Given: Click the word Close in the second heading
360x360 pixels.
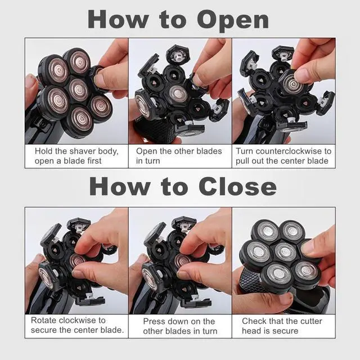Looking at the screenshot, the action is (x=237, y=187).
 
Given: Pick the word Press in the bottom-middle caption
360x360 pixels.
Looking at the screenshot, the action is (x=154, y=321).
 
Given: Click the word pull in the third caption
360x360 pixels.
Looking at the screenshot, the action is (x=242, y=161).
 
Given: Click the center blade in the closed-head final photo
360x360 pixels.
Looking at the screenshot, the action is (x=285, y=251).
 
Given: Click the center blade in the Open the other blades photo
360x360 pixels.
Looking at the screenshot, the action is (x=178, y=94).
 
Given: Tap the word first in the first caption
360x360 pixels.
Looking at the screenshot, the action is (x=94, y=161).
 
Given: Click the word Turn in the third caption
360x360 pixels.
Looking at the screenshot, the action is (x=245, y=151).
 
